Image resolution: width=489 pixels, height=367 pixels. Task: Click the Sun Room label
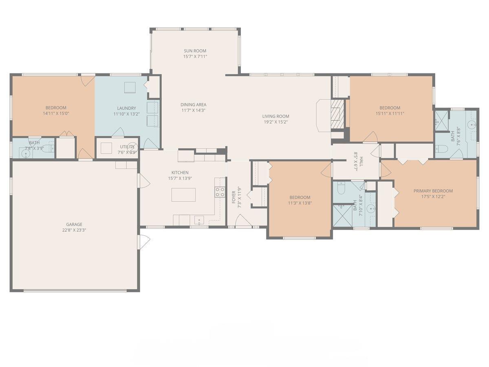(x=195, y=51)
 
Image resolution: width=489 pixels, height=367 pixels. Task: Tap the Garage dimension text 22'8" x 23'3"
(x=74, y=230)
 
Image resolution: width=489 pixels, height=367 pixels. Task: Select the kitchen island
(x=183, y=195)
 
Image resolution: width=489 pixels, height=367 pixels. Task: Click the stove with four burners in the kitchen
(x=220, y=192)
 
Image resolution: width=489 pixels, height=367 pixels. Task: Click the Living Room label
(x=275, y=116)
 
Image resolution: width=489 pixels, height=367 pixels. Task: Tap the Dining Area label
(x=194, y=104)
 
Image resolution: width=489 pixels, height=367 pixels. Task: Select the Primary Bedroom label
(x=433, y=191)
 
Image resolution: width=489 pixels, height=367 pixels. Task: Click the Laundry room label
(x=126, y=108)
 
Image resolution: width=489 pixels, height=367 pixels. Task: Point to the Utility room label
(x=125, y=147)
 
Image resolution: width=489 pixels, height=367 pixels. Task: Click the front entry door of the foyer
(x=243, y=222)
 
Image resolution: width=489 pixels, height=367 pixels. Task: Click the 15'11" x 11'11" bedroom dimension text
(x=390, y=114)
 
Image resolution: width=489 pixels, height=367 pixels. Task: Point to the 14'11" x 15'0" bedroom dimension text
(x=56, y=113)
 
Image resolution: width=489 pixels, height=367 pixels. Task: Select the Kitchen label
(x=180, y=172)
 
